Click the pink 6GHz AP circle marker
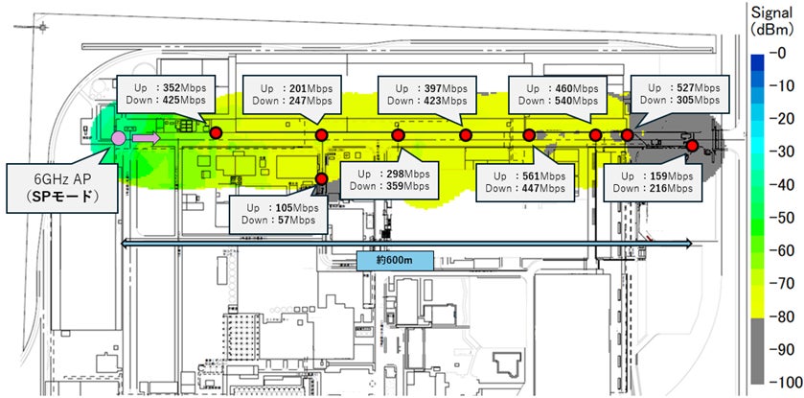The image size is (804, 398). (119, 138)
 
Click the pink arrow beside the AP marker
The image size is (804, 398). (146, 138)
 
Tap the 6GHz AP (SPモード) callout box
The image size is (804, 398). (61, 189)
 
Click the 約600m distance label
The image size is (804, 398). (396, 261)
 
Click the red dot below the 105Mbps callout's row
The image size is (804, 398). (321, 178)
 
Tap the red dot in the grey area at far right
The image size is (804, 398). (692, 145)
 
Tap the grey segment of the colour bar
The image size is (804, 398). (758, 350)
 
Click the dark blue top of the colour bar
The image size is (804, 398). (758, 61)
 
